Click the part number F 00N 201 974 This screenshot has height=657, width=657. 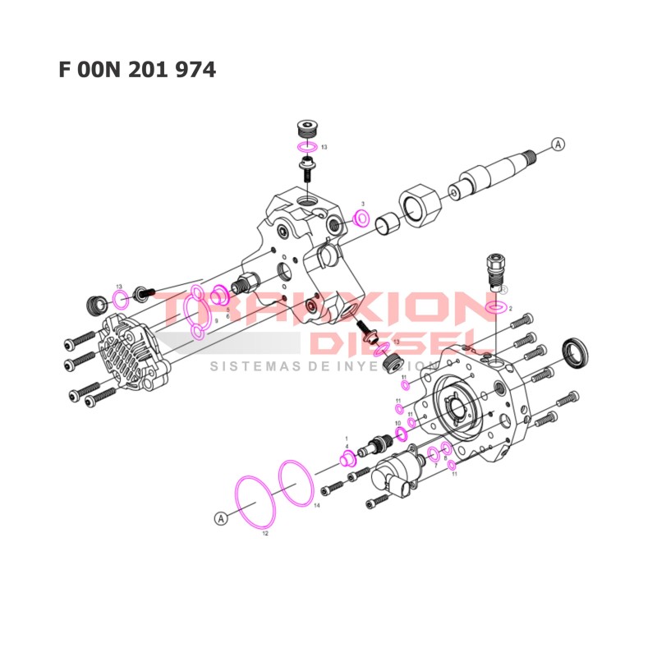point(137,70)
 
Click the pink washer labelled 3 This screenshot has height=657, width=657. point(361,218)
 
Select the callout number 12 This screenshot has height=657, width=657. point(264,533)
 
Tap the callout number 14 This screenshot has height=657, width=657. point(316,507)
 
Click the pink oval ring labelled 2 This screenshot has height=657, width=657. point(495,308)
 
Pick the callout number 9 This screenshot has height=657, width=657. point(216,322)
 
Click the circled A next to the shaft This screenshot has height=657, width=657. point(558,144)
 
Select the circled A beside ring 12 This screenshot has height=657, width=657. point(220,518)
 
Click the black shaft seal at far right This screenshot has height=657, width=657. point(575,351)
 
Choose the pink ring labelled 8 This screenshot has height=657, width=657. point(447,448)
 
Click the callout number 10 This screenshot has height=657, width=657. point(397,423)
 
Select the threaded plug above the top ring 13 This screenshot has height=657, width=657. point(307,131)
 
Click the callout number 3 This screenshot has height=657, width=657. point(362,203)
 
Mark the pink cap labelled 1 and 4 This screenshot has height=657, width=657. point(347,457)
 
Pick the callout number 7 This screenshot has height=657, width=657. point(436,466)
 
